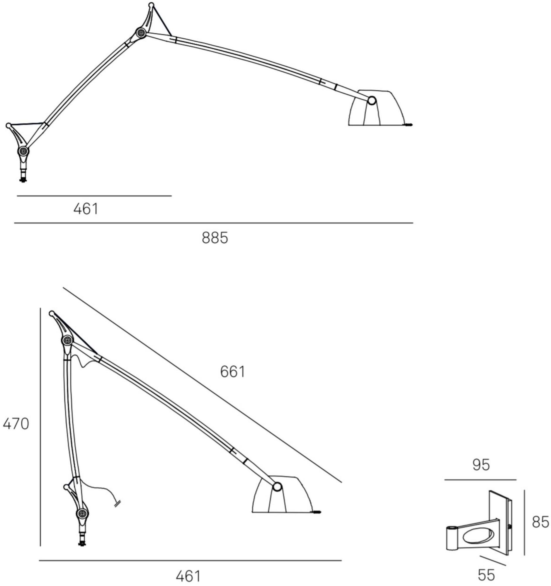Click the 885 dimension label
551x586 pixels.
tap(215, 238)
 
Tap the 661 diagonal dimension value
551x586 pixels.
tap(232, 372)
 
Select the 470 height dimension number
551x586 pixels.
tap(16, 424)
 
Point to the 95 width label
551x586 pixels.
tap(481, 465)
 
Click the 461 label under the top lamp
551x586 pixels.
tap(86, 209)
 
